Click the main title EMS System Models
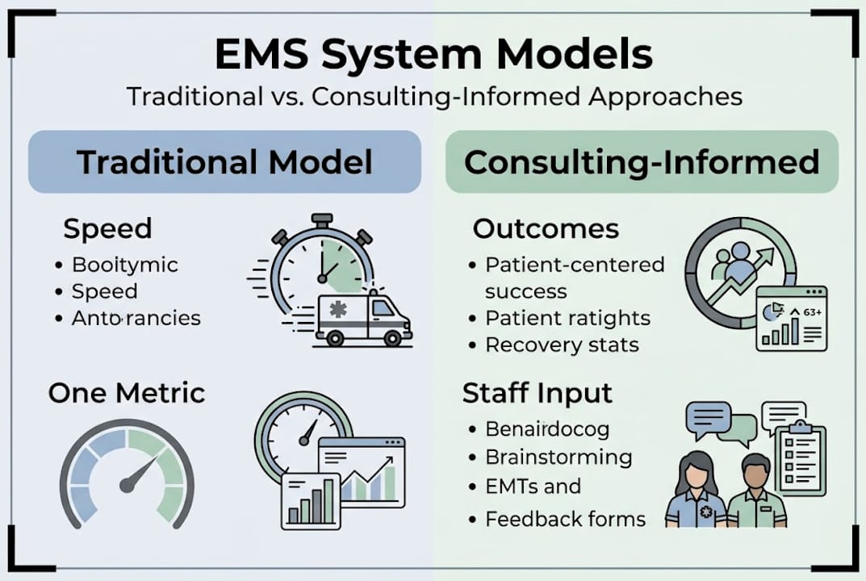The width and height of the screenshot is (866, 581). pos(433,55)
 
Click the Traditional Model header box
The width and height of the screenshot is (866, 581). pos(224,162)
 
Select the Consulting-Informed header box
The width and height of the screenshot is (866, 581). pos(642,162)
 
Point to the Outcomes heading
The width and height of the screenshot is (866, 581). pos(546,228)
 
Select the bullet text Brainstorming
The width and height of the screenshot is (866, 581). pos(558,457)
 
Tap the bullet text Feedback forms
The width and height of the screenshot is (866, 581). pos(565,519)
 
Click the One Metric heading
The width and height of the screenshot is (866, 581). pos(126,393)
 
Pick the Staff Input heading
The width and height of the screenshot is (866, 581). pos(538,393)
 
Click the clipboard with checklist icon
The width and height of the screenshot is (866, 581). pos(800,456)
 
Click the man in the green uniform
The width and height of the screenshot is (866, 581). pos(756,492)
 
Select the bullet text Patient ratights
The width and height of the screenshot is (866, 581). pos(567,318)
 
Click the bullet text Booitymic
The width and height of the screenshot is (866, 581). pos(125,264)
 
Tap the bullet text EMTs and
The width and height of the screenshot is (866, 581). pos(533,487)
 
